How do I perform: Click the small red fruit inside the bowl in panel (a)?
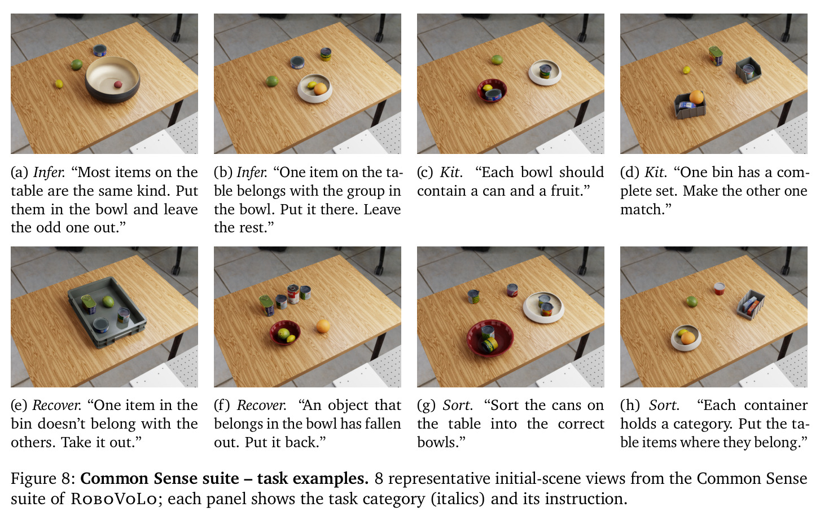pos(118,85)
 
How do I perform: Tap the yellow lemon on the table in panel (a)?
pos(59,84)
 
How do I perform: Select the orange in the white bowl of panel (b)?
pos(321,89)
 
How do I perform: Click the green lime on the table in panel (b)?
pos(272,81)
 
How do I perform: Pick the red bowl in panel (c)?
pos(492,91)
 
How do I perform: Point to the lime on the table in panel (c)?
pos(497,60)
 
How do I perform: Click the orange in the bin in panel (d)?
pos(696,97)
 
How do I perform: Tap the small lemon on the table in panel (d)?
pos(687,69)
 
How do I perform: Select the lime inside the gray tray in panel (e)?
pos(108,302)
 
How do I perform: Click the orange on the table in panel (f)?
pos(323,326)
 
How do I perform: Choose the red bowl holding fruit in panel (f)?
pos(285,332)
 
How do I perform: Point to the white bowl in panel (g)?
pos(543,307)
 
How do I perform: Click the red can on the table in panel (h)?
pos(720,289)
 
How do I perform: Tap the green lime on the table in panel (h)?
pos(691,302)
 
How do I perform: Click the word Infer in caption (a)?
pos(49,172)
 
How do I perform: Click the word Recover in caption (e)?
pos(56,405)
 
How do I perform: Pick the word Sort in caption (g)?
pos(458,405)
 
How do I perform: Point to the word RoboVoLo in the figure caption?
pos(114,499)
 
